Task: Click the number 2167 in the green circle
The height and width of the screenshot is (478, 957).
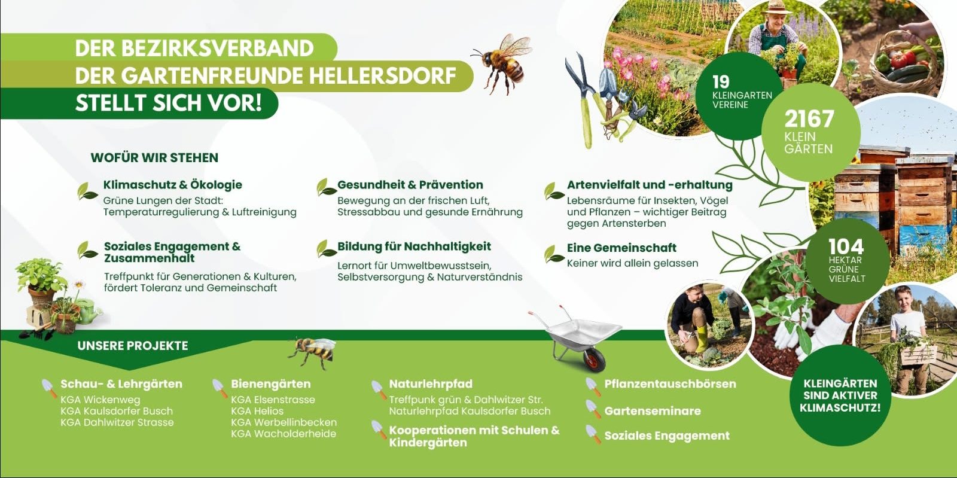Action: point(809,119)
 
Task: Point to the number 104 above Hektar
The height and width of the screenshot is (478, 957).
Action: point(846,246)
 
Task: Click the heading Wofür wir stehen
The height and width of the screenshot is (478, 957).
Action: point(154,157)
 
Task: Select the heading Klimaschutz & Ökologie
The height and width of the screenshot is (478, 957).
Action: point(173,185)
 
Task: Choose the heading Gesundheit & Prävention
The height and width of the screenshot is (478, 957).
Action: point(410,185)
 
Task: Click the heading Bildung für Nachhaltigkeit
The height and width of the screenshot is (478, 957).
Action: point(414,246)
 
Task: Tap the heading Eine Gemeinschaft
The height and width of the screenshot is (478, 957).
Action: point(621,248)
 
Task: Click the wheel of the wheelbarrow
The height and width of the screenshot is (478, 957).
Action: point(595,359)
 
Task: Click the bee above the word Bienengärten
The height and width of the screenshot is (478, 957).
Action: point(312,351)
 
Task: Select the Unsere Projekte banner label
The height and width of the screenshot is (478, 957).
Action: point(132,346)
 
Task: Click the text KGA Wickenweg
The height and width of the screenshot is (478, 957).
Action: point(100,400)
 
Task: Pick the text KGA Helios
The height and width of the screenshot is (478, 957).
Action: point(257,411)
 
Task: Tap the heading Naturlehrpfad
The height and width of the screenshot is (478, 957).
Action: point(431,384)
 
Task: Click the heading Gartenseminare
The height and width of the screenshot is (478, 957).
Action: point(653,411)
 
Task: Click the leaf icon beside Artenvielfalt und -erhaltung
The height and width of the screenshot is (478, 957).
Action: point(554,191)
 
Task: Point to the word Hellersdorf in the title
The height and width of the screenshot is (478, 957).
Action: point(382,75)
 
